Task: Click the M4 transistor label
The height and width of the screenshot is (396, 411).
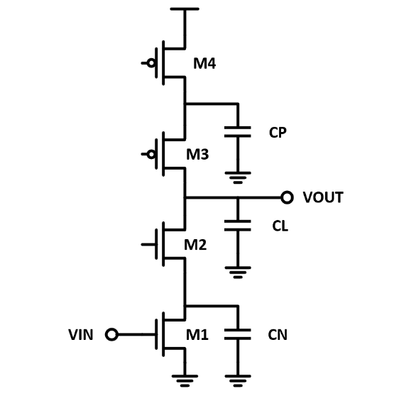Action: click(204, 65)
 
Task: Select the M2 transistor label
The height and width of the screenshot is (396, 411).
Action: click(197, 245)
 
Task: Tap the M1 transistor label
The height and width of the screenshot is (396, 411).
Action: click(197, 334)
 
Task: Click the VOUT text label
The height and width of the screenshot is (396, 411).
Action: click(323, 197)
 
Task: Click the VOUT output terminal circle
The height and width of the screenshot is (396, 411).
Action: click(287, 197)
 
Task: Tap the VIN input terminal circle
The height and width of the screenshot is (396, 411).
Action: click(111, 334)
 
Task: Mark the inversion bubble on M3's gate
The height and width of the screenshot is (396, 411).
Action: click(150, 152)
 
